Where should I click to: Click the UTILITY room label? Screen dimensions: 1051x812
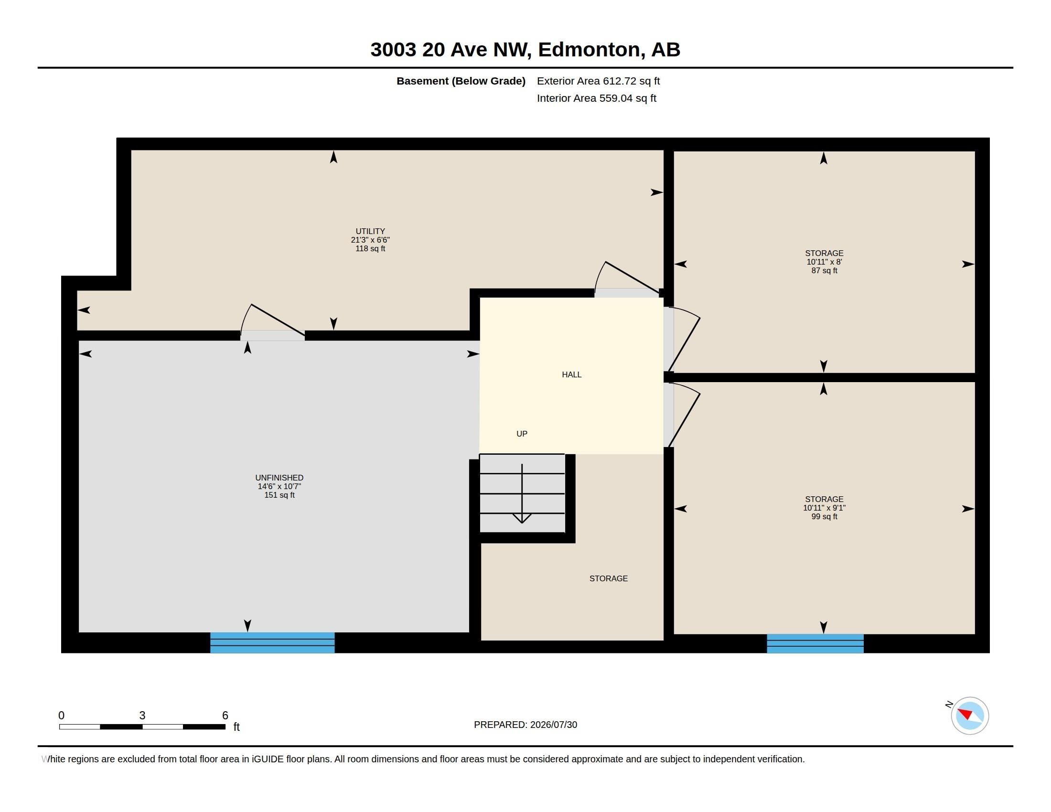click(370, 231)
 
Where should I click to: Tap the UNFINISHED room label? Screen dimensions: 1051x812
click(279, 478)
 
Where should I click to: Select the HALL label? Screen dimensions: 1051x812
click(572, 375)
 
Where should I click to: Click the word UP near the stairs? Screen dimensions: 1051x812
click(522, 434)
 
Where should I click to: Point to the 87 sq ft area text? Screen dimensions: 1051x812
click(825, 271)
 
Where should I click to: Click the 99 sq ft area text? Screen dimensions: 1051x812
click(825, 517)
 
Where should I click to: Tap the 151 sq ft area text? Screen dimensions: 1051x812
click(279, 495)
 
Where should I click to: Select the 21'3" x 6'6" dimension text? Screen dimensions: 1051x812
click(370, 240)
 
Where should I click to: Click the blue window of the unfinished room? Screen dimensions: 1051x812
click(272, 642)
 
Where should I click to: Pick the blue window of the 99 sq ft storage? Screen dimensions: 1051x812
click(815, 644)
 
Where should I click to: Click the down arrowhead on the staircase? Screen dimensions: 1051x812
click(522, 518)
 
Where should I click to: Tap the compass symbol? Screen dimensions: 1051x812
click(970, 716)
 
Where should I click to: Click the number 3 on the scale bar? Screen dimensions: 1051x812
click(142, 716)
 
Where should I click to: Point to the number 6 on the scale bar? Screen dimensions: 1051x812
click(225, 716)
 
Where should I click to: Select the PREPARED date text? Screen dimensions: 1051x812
click(525, 725)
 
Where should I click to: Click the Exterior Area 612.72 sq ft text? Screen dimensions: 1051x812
click(598, 81)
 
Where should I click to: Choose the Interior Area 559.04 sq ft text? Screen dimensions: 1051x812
click(596, 98)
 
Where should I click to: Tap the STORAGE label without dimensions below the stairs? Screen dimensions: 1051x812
click(608, 579)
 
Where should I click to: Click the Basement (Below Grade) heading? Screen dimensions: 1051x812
click(461, 81)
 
